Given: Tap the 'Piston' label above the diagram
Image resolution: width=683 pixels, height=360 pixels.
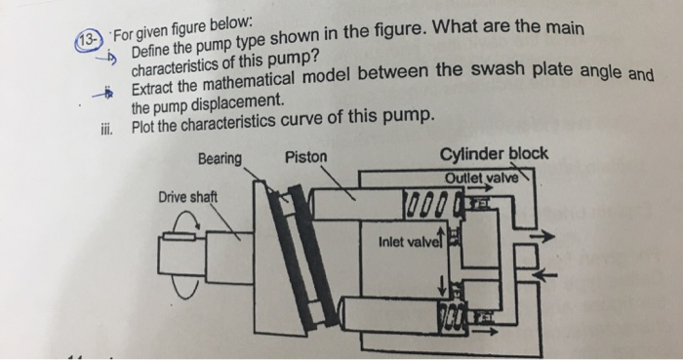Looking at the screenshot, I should [x=306, y=156].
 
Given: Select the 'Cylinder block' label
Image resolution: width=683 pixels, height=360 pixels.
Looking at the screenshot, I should [x=494, y=154].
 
